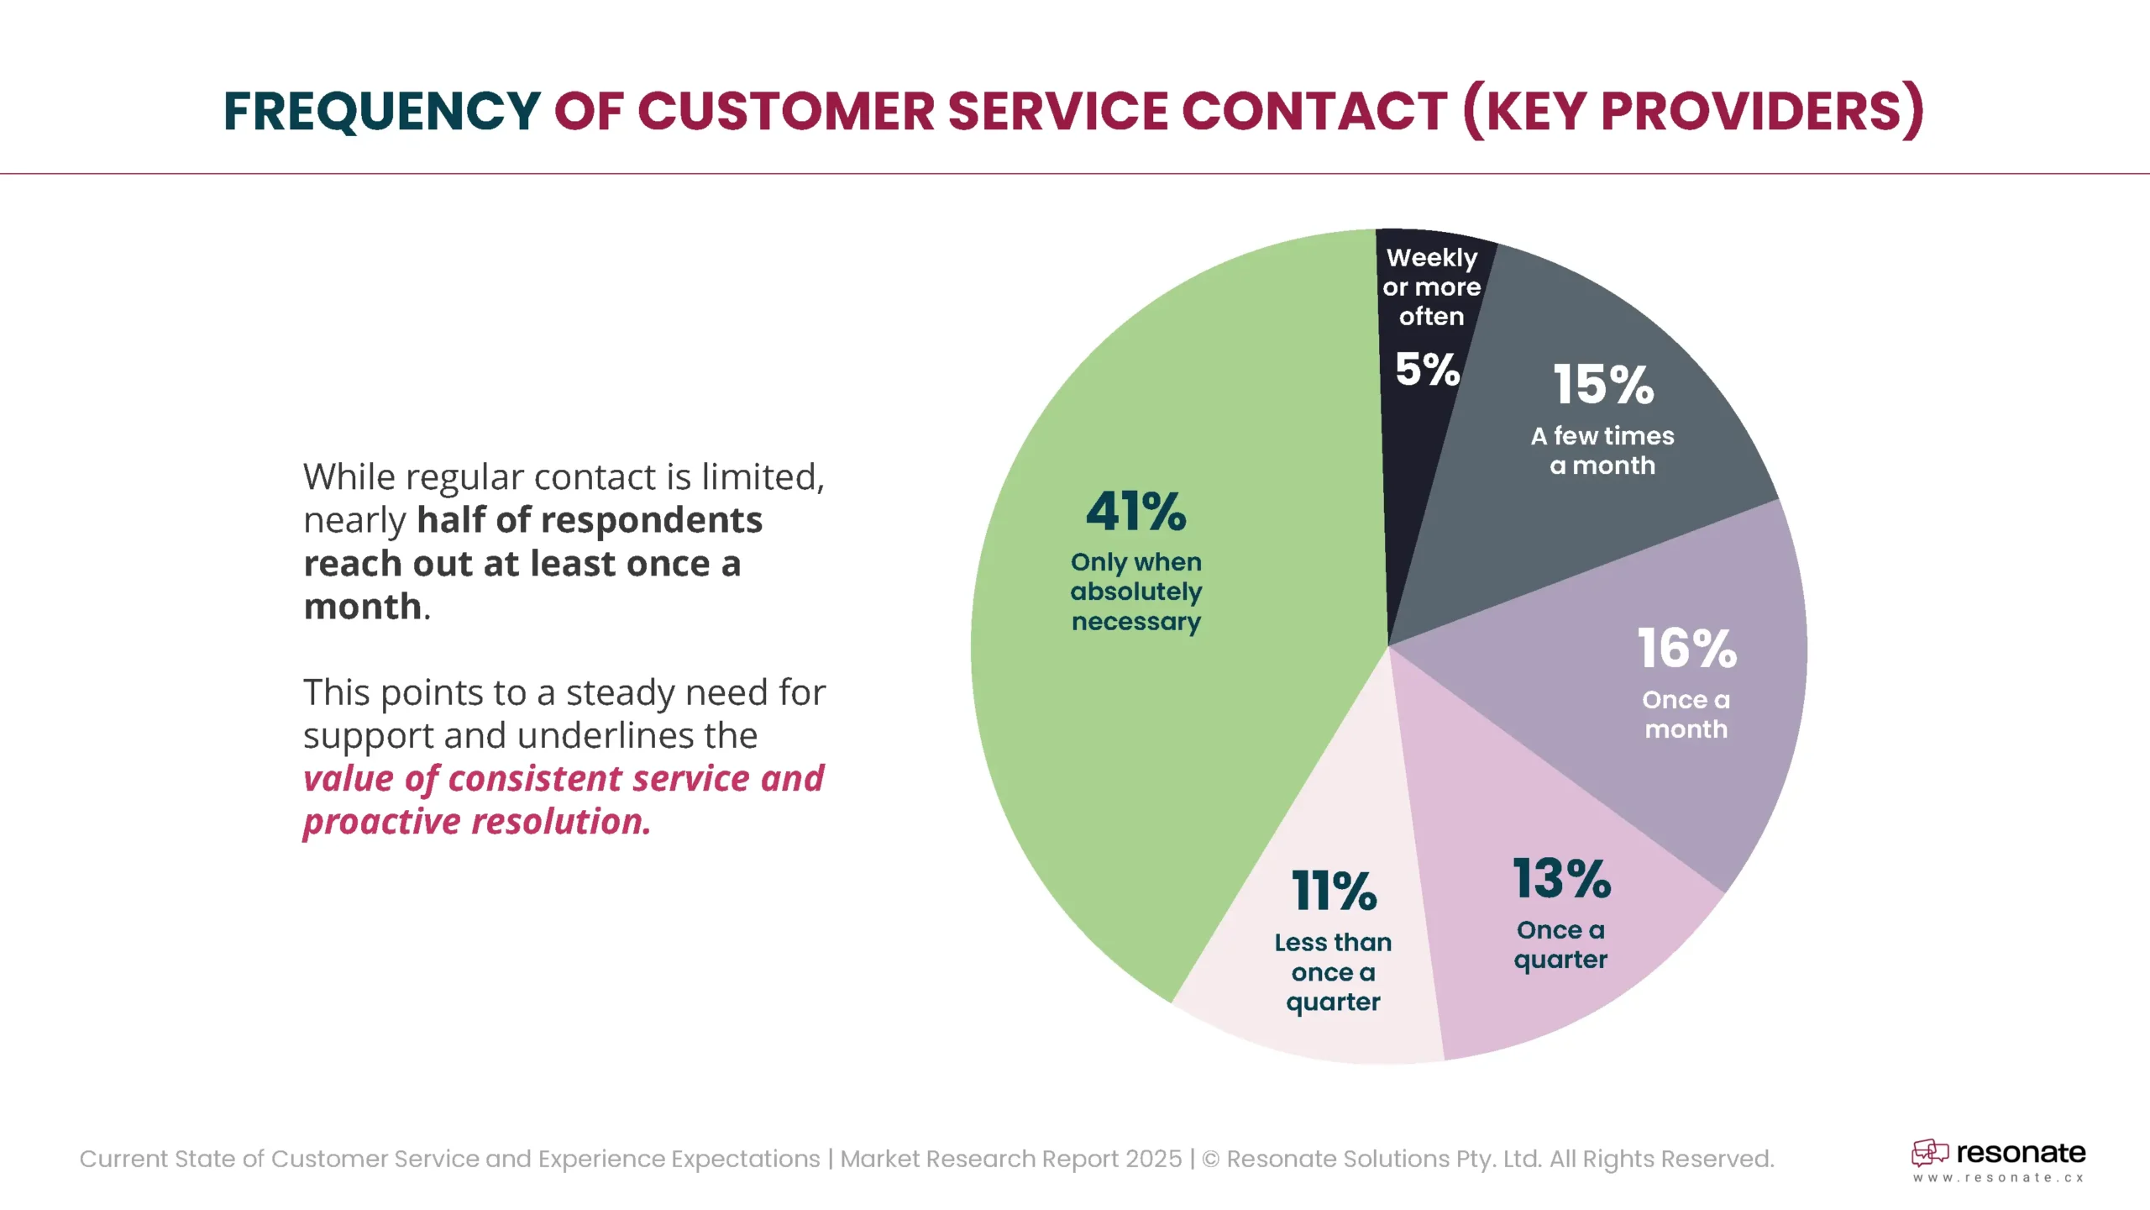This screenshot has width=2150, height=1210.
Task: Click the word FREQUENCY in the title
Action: [x=381, y=112]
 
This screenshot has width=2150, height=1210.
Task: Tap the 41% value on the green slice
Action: [x=1135, y=512]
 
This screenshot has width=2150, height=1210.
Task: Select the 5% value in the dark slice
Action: [x=1427, y=370]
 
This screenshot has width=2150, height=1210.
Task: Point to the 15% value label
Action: [x=1603, y=385]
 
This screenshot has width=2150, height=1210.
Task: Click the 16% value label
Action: [x=1686, y=649]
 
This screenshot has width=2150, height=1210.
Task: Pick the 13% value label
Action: [x=1561, y=879]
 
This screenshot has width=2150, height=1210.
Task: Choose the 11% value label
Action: [x=1334, y=892]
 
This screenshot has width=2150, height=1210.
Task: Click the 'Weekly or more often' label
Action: [x=1431, y=287]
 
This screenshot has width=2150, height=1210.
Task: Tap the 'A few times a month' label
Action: [x=1602, y=450]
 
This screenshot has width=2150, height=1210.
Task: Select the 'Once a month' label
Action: [x=1686, y=714]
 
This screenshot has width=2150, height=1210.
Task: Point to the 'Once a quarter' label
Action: [x=1560, y=945]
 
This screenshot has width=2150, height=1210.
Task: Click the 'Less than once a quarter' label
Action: [x=1333, y=972]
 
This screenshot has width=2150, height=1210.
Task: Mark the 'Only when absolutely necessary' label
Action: [x=1135, y=592]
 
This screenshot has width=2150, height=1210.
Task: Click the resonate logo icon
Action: [x=1929, y=1153]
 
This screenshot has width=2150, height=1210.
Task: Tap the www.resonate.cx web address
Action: [x=1998, y=1178]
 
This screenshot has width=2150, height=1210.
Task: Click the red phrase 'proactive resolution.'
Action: [x=477, y=822]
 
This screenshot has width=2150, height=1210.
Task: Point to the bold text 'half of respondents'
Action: [x=590, y=520]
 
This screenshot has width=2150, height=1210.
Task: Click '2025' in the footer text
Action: [x=1153, y=1159]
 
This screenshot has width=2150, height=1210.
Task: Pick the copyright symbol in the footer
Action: [x=1210, y=1160]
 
